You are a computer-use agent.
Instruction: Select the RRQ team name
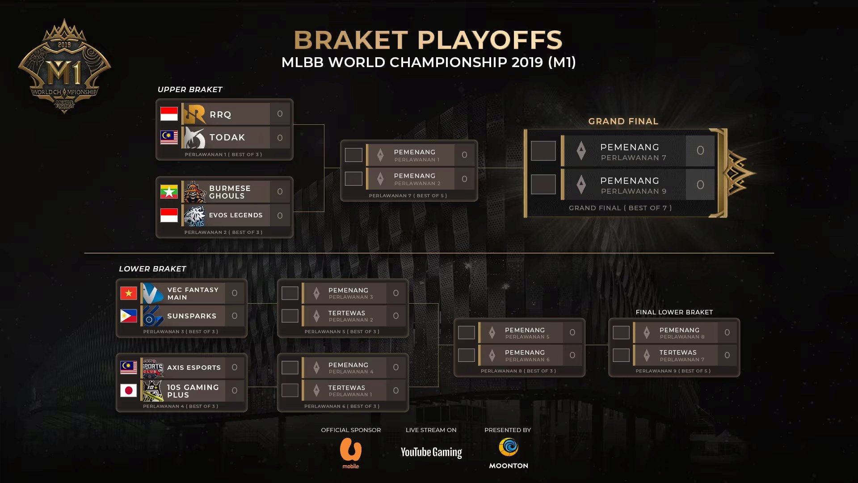click(220, 114)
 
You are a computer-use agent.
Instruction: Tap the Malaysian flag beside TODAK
click(169, 137)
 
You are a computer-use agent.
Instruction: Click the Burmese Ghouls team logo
click(195, 192)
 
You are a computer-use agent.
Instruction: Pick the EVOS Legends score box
click(280, 216)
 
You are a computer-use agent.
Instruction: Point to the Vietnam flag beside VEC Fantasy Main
click(129, 293)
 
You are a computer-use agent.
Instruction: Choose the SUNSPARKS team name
click(192, 316)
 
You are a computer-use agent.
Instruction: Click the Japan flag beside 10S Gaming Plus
click(129, 390)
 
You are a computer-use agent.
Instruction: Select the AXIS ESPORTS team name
click(194, 368)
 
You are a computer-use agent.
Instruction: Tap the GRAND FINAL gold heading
click(623, 121)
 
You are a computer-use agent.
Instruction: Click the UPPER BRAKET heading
click(190, 89)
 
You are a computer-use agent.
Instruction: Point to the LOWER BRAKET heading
click(152, 269)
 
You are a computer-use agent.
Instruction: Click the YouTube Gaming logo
click(431, 452)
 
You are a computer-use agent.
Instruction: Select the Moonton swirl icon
click(509, 447)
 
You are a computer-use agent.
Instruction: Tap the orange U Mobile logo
click(351, 449)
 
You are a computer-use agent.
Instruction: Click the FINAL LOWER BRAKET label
click(674, 312)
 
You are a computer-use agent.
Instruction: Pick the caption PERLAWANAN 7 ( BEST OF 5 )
click(408, 195)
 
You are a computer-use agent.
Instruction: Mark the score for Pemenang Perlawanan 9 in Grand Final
click(700, 185)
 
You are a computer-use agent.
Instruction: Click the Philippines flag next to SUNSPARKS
click(129, 316)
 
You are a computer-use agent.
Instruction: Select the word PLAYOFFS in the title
click(490, 40)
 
